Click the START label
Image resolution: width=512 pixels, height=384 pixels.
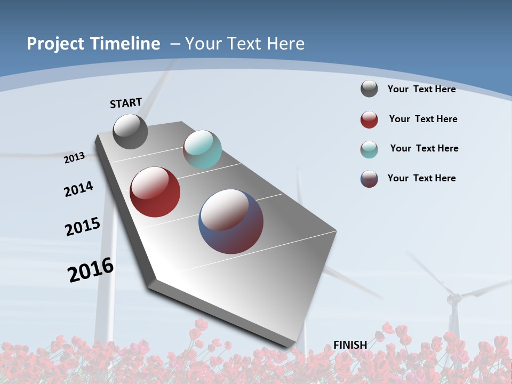(x=126, y=103)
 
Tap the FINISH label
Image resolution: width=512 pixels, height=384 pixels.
(x=350, y=345)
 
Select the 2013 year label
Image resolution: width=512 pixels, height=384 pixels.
(x=74, y=157)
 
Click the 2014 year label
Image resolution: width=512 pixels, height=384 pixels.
(x=78, y=189)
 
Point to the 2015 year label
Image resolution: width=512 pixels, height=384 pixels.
(x=83, y=227)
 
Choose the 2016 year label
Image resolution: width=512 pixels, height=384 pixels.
(x=91, y=270)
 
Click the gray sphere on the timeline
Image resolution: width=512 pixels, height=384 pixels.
(x=130, y=132)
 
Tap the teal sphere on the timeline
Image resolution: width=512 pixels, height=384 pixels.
(x=202, y=149)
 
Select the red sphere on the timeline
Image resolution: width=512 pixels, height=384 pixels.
(x=155, y=192)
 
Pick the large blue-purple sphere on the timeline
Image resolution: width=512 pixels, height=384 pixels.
(x=231, y=221)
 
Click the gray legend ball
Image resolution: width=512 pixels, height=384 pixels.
(x=369, y=89)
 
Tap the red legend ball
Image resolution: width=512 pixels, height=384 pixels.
(x=369, y=119)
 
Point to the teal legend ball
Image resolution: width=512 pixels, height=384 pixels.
(x=369, y=149)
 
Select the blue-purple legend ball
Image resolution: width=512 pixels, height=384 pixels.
(x=369, y=179)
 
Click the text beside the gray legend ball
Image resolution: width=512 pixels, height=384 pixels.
(x=421, y=89)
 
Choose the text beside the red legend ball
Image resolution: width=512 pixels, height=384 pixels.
(x=423, y=119)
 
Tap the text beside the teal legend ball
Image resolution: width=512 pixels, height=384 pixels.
(x=424, y=148)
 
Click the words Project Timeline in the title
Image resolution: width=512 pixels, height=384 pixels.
(x=93, y=44)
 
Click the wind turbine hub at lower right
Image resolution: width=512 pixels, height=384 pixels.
(x=454, y=298)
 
